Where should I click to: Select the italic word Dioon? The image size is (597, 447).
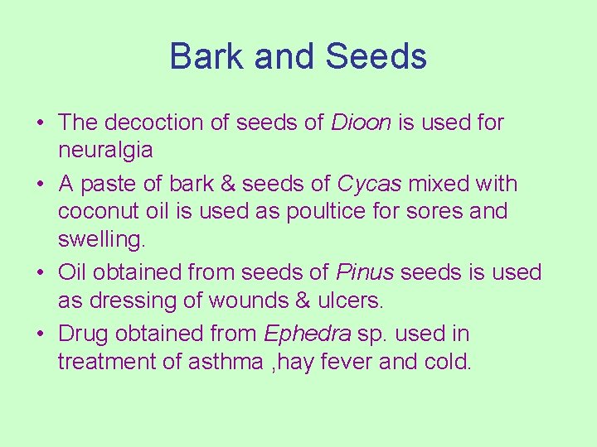coord(362,123)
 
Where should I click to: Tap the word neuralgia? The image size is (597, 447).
coord(105,151)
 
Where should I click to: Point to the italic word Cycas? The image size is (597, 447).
coord(369,184)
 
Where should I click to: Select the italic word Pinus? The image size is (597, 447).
coord(359,272)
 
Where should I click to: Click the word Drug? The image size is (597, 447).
coord(85,334)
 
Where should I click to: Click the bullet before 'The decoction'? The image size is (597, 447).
coord(40,123)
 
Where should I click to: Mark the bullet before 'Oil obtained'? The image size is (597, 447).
coord(40,273)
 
